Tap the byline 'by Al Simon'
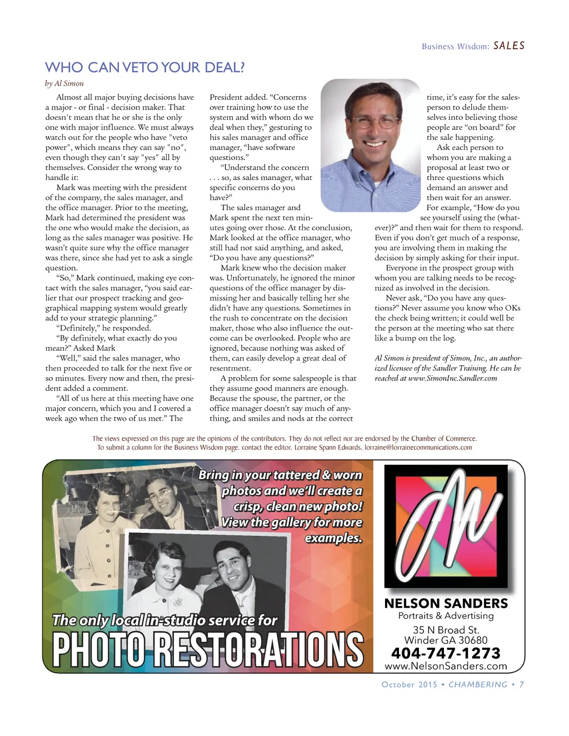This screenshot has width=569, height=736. pos(64,83)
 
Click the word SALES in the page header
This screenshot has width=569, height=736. pos(509,46)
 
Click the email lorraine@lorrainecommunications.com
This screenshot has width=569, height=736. pos(418,447)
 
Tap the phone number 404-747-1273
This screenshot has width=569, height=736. pos(446,653)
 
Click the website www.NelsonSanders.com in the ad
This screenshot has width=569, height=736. pos(446,666)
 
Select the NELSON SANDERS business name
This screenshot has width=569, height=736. pos(446,603)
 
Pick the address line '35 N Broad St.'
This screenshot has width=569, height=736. pos(446,630)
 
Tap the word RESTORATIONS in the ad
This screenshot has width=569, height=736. pos(258,650)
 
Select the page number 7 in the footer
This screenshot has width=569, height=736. pos(521,684)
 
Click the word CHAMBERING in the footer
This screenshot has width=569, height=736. pos(478,684)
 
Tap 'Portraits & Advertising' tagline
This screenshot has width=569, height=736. pos(446,615)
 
